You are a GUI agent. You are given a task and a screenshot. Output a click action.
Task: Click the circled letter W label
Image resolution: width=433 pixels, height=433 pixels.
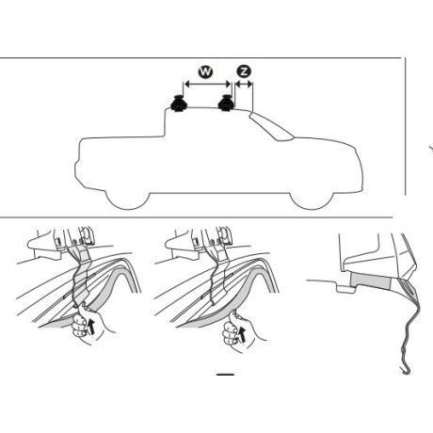[x=205, y=72]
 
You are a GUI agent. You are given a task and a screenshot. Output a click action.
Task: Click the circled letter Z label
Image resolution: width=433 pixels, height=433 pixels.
[x=244, y=72]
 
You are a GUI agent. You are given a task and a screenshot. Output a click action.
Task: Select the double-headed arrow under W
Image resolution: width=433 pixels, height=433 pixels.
[x=207, y=84]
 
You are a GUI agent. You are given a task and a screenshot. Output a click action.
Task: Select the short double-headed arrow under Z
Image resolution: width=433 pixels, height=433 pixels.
[x=244, y=84]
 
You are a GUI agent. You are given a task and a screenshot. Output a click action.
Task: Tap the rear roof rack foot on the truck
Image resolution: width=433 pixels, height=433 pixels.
[x=178, y=104]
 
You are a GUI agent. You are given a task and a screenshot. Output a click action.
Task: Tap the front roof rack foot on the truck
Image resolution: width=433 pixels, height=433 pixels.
[x=226, y=103]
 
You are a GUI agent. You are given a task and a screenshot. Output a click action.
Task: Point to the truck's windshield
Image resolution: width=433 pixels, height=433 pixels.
[x=271, y=126]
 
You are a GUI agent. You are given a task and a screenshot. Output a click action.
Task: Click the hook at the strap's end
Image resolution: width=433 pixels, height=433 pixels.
[x=407, y=368]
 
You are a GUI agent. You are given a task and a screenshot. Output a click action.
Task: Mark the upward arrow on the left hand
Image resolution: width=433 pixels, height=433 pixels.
[x=91, y=327]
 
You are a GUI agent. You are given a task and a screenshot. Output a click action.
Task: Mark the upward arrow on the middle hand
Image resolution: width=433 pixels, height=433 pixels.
[x=242, y=334]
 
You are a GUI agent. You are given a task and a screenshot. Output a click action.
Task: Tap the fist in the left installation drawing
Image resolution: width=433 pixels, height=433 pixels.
[x=82, y=322]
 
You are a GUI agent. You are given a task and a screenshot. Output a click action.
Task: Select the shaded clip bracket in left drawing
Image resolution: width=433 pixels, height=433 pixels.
[x=81, y=276]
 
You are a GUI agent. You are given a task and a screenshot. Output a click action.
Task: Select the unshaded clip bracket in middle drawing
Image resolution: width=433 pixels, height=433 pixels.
[x=219, y=276]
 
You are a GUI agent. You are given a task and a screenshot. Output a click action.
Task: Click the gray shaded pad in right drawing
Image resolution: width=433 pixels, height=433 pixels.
[x=370, y=280]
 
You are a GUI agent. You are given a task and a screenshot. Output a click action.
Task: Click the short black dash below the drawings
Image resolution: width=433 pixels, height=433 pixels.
[x=225, y=375]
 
